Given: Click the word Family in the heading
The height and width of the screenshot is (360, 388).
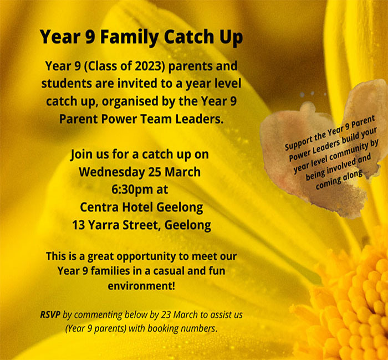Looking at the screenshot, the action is click(129, 37).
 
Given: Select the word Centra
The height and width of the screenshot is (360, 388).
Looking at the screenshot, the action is click(99, 207).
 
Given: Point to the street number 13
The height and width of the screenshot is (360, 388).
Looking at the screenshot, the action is click(79, 225).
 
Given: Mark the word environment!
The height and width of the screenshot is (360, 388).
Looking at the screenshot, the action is click(141, 286).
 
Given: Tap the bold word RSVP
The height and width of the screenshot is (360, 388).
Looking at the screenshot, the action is click(50, 315).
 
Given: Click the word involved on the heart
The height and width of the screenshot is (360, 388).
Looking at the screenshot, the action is click(341, 164).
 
